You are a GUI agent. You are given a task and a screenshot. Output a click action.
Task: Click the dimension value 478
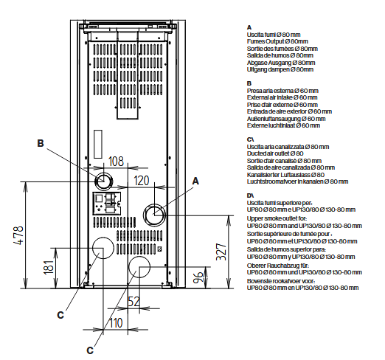(x=19, y=235)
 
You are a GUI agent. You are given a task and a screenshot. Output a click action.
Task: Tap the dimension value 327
(x=221, y=252)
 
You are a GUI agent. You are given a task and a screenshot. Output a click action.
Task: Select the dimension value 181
(x=49, y=267)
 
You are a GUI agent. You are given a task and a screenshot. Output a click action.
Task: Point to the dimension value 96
(x=198, y=277)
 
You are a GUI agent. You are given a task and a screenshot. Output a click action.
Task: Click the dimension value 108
(x=116, y=162)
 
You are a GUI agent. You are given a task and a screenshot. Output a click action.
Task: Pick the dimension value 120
(x=142, y=181)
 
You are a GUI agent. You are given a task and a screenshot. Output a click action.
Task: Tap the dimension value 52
(x=134, y=302)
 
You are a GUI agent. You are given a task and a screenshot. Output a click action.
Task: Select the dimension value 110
(x=116, y=323)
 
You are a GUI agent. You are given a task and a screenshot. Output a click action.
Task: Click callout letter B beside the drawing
(x=41, y=143)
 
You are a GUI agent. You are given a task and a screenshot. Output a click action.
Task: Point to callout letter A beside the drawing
(x=195, y=181)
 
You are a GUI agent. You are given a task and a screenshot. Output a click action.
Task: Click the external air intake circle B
(x=104, y=181)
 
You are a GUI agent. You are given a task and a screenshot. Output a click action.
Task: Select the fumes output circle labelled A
(x=154, y=215)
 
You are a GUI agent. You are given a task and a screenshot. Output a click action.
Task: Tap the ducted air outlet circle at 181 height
(x=103, y=248)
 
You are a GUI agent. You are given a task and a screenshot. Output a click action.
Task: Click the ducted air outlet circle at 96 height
(x=139, y=267)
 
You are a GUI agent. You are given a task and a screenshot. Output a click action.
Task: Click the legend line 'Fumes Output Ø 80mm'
(x=277, y=41)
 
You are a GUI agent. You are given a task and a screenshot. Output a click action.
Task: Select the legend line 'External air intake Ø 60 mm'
(x=282, y=97)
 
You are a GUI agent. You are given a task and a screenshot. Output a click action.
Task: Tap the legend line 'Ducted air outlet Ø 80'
(x=275, y=153)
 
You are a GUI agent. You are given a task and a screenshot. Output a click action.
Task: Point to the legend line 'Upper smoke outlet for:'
(x=277, y=218)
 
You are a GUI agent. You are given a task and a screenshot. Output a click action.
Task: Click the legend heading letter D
(x=249, y=195)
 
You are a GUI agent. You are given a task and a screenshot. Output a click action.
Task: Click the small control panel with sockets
(x=107, y=204)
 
